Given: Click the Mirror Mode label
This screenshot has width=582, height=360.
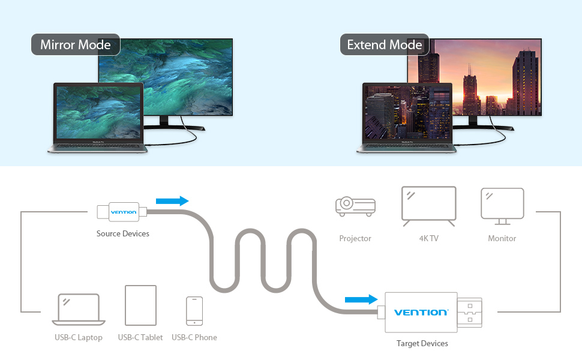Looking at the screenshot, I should pyautogui.click(x=76, y=45).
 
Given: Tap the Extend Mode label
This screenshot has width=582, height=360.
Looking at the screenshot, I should pyautogui.click(x=385, y=45).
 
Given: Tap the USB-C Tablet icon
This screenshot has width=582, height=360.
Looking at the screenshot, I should pyautogui.click(x=140, y=305).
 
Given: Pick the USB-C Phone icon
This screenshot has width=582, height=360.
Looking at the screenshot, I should pyautogui.click(x=194, y=310).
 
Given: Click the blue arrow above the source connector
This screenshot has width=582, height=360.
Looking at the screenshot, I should pyautogui.click(x=172, y=201).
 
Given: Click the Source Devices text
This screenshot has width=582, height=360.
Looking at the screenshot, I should pyautogui.click(x=123, y=233).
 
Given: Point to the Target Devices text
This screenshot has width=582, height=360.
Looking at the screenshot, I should pyautogui.click(x=422, y=343).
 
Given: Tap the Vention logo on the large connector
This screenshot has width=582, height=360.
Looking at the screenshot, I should pyautogui.click(x=421, y=312).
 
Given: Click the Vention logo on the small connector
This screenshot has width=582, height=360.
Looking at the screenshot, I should pyautogui.click(x=124, y=212).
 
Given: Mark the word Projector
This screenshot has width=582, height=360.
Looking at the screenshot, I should pyautogui.click(x=355, y=238).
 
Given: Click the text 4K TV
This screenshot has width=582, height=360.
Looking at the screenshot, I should pyautogui.click(x=428, y=238).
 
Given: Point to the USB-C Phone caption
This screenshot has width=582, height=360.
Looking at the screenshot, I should pyautogui.click(x=194, y=337).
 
